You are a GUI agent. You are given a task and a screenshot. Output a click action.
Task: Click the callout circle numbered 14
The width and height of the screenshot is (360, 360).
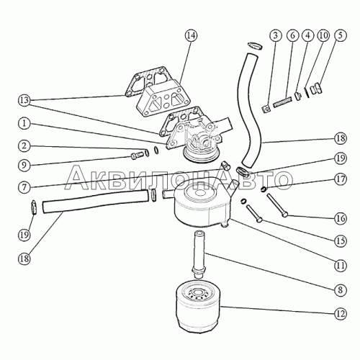192,35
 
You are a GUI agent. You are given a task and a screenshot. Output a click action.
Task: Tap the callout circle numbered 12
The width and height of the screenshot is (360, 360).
341,314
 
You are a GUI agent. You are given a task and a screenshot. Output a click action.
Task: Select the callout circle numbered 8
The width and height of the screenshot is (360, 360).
341,290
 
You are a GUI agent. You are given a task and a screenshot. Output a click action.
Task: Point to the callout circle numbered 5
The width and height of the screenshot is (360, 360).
340,35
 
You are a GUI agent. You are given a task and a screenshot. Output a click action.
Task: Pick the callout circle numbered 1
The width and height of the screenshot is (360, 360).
24,124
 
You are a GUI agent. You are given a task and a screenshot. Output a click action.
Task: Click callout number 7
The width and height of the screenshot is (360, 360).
24,187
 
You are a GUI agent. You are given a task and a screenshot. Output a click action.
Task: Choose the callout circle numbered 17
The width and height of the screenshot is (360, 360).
341,179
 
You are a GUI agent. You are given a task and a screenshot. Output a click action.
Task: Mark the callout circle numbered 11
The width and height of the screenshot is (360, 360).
341,266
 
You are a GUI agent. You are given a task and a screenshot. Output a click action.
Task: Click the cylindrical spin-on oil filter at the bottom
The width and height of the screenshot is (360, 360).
197,307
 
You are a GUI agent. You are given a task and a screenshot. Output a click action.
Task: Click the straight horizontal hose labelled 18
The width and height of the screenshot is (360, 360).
95,201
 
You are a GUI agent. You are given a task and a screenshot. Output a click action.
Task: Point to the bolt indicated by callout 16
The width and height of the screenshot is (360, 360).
277,205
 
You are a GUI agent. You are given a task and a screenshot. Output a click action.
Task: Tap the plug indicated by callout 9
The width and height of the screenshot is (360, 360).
137,156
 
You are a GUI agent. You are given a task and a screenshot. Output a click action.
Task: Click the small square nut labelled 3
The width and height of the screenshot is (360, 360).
266,109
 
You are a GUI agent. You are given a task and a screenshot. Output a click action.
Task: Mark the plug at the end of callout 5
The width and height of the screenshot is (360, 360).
317,89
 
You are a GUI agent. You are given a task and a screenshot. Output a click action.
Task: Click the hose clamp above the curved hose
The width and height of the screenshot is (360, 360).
255,46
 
